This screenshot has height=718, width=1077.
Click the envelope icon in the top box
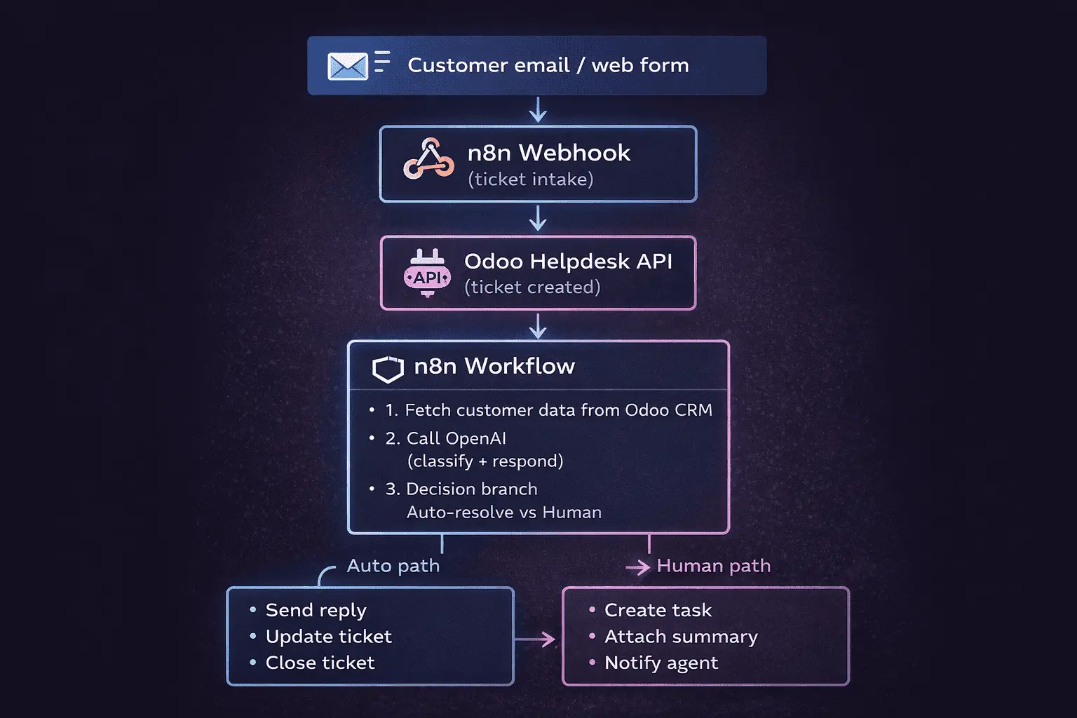(348, 67)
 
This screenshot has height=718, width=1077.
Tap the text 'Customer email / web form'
(548, 65)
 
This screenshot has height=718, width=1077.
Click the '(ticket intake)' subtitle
(530, 179)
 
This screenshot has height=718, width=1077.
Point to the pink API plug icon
(427, 273)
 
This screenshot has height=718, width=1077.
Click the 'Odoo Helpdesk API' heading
(568, 262)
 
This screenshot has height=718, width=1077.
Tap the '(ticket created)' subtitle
(532, 287)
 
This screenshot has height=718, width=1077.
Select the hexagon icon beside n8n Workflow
(388, 369)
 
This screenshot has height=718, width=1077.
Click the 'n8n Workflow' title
(494, 366)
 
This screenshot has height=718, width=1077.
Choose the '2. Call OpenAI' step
(445, 439)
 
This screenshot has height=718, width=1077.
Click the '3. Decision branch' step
(461, 489)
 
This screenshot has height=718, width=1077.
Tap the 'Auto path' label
(393, 566)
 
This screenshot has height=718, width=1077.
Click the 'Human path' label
(713, 566)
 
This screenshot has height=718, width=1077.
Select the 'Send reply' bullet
(316, 610)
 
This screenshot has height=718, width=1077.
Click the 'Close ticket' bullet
(320, 663)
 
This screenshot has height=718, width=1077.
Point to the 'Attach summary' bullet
(681, 637)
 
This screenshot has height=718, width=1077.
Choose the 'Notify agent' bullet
(661, 663)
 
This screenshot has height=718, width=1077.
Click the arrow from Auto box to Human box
(536, 639)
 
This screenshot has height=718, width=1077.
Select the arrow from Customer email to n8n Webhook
(538, 110)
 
